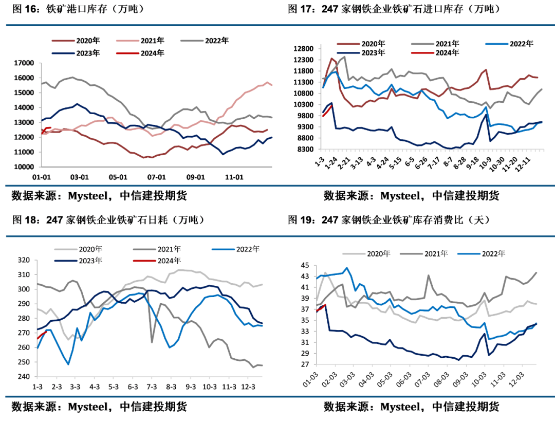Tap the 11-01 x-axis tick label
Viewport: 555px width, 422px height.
[x=234, y=177]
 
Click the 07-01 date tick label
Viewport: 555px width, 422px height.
[x=157, y=177]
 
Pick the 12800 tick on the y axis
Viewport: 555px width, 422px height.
[x=303, y=49]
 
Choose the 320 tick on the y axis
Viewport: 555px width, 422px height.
[x=25, y=260]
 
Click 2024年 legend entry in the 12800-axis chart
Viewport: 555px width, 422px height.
[x=448, y=53]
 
